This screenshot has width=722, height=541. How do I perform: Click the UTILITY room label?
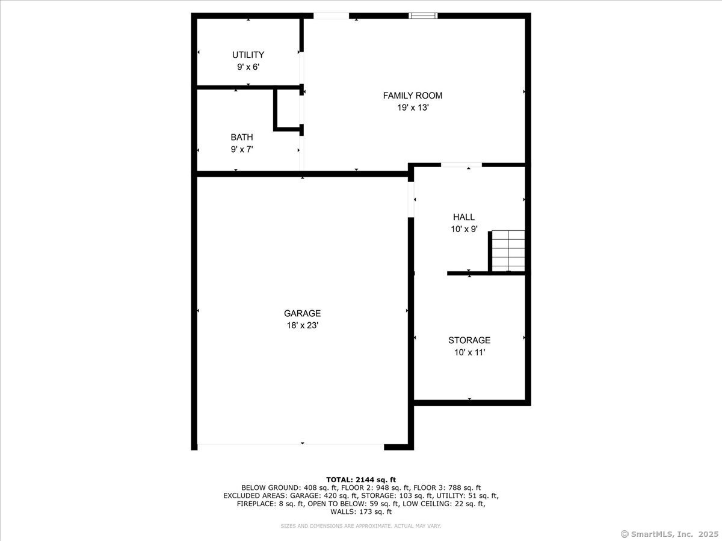248,55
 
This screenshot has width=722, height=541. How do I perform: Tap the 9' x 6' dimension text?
248,67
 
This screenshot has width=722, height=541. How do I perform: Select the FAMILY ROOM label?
413,96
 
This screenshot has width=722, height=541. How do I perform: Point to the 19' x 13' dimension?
413,108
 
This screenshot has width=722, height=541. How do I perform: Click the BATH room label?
242,137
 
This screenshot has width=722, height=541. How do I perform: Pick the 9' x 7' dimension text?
242,149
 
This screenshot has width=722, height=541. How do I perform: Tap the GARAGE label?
302,313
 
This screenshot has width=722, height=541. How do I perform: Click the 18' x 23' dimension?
302,325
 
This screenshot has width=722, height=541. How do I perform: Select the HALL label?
464,217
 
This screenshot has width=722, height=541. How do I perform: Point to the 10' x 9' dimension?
464,229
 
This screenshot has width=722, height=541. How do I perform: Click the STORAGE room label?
469,340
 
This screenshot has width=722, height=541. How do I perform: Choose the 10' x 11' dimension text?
469,353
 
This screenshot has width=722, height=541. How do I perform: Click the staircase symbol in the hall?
508,251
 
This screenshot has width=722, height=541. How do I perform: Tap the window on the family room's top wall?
423,16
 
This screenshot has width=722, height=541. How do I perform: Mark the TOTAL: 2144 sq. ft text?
361,479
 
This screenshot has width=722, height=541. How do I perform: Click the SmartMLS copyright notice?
669,534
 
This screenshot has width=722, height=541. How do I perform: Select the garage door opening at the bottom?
291,445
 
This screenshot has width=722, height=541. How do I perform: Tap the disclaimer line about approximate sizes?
361,526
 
